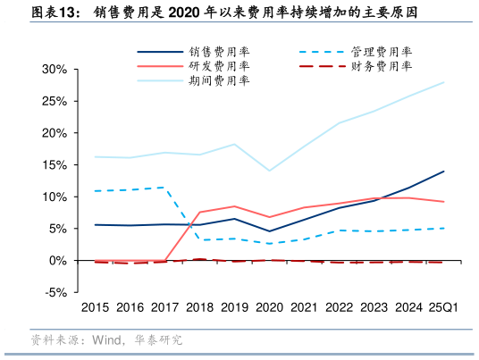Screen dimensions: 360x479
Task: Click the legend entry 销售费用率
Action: pyautogui.click(x=213, y=52)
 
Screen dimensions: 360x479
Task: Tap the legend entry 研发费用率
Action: pyautogui.click(x=213, y=66)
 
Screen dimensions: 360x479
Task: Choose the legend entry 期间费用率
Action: pyautogui.click(x=213, y=80)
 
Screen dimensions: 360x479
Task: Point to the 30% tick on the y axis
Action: pyautogui.click(x=55, y=70)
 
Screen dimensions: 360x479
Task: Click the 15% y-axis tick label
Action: pyautogui.click(x=55, y=165)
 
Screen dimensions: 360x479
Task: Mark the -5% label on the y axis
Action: pyautogui.click(x=56, y=293)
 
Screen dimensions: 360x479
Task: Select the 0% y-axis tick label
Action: pyautogui.click(x=58, y=261)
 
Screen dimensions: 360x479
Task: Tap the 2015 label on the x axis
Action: pyautogui.click(x=96, y=307)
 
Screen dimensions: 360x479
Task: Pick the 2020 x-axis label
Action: pyautogui.click(x=269, y=307)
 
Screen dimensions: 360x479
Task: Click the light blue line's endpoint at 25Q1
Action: pyautogui.click(x=444, y=82)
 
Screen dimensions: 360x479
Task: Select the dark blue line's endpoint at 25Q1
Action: pyautogui.click(x=444, y=172)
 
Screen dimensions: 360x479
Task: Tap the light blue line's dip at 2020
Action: pyautogui.click(x=269, y=171)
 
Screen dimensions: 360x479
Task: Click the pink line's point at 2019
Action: pyautogui.click(x=234, y=206)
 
